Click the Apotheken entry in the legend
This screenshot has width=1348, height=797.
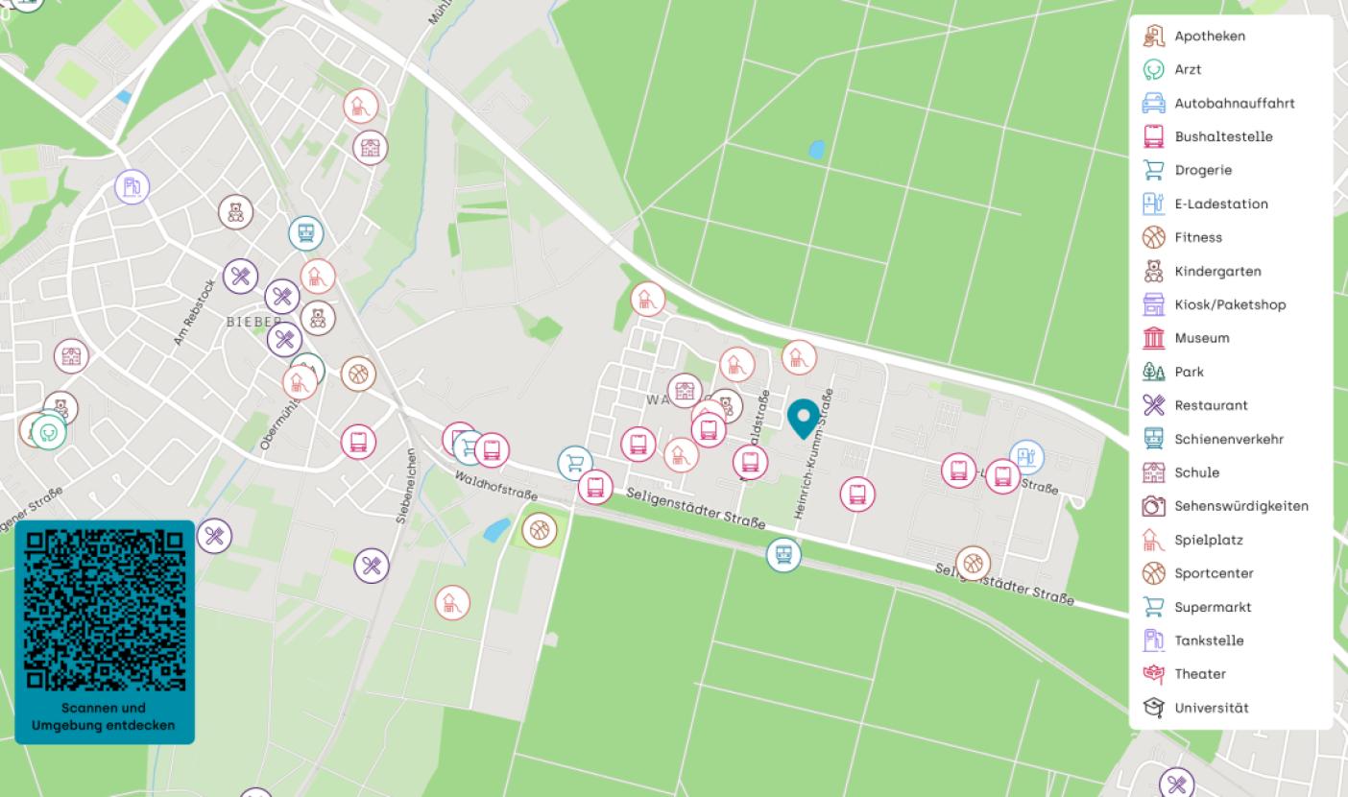pos(1209,36)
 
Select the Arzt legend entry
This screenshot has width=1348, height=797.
pos(1187,70)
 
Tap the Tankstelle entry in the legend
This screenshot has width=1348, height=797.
pos(1208,640)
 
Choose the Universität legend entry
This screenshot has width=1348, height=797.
pos(1211,708)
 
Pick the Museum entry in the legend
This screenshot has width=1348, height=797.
pos(1201,338)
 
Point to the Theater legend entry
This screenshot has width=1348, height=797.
pos(1199,674)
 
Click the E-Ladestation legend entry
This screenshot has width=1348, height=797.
pos(1220,204)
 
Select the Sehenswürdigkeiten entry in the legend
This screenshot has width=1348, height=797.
pos(1240,506)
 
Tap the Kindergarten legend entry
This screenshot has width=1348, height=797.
pos(1217,271)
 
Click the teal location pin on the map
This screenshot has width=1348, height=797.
pos(803,418)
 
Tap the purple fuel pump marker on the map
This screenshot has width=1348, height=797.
pos(132,186)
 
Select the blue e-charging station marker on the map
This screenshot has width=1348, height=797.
pos(1026,457)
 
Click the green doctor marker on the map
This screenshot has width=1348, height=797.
pos(50,433)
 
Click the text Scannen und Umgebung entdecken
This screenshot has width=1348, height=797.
pos(104,716)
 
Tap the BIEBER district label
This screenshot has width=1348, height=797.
pos(254,322)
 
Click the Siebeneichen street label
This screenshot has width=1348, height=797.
pos(407,485)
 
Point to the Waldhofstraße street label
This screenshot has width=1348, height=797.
pos(495,485)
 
